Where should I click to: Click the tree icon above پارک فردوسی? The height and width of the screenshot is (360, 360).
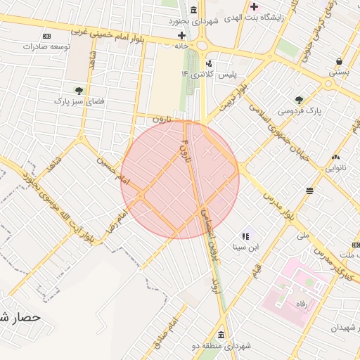[299, 100]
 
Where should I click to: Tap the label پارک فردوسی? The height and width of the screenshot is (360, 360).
[299, 111]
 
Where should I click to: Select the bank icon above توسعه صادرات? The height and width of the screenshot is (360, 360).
[46, 36]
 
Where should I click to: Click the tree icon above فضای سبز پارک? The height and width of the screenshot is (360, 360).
[79, 91]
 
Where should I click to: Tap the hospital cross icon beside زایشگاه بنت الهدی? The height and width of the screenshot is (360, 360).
[254, 7]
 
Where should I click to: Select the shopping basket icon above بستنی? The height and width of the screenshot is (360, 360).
[340, 61]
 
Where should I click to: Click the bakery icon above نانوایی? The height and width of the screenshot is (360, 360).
[335, 157]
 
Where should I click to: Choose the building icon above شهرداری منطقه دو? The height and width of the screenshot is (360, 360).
[221, 334]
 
